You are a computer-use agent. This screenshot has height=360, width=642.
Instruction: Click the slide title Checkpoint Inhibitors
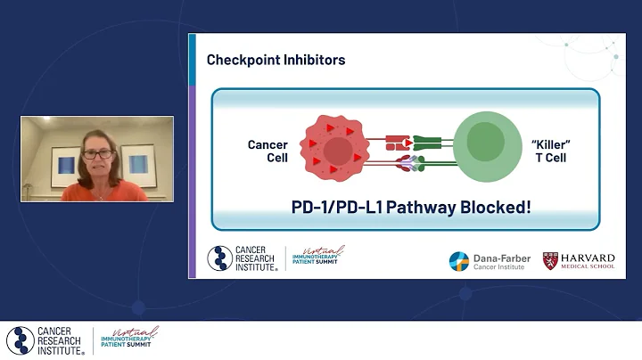(x=276, y=60)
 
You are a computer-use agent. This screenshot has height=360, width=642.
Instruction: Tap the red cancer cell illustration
(x=334, y=148)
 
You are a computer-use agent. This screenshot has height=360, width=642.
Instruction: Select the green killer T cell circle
(x=486, y=144)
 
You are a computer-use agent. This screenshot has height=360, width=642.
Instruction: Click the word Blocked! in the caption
(x=495, y=208)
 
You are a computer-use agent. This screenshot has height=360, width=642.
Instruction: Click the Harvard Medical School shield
(x=551, y=260)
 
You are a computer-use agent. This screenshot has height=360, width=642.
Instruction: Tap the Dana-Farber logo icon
(x=459, y=261)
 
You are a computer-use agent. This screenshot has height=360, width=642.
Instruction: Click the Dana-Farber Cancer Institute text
(x=501, y=261)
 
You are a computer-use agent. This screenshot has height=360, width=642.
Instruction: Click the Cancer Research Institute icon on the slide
(x=219, y=258)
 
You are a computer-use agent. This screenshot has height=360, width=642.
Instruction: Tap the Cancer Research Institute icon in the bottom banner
(x=20, y=340)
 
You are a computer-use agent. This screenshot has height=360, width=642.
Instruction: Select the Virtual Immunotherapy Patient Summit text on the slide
(x=318, y=258)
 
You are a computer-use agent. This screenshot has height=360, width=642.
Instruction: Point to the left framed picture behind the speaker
(x=65, y=165)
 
